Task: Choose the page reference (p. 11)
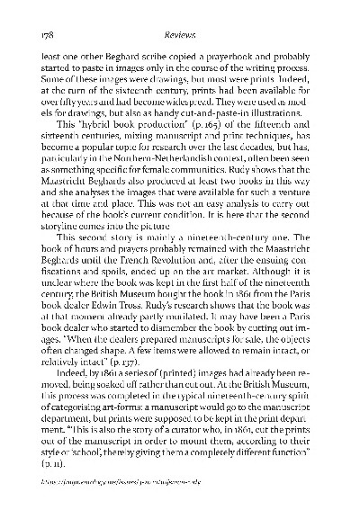click(65, 457)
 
